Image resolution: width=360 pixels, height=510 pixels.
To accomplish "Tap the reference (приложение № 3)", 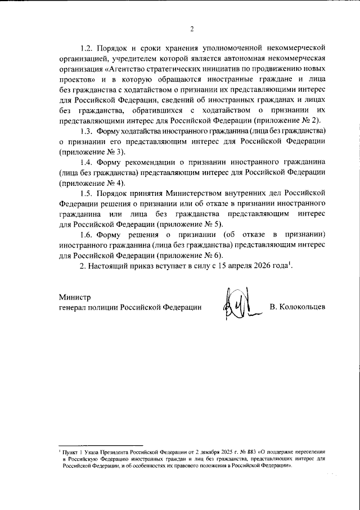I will [x=92, y=152].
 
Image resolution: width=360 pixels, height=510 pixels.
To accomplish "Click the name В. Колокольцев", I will [x=297, y=307].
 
